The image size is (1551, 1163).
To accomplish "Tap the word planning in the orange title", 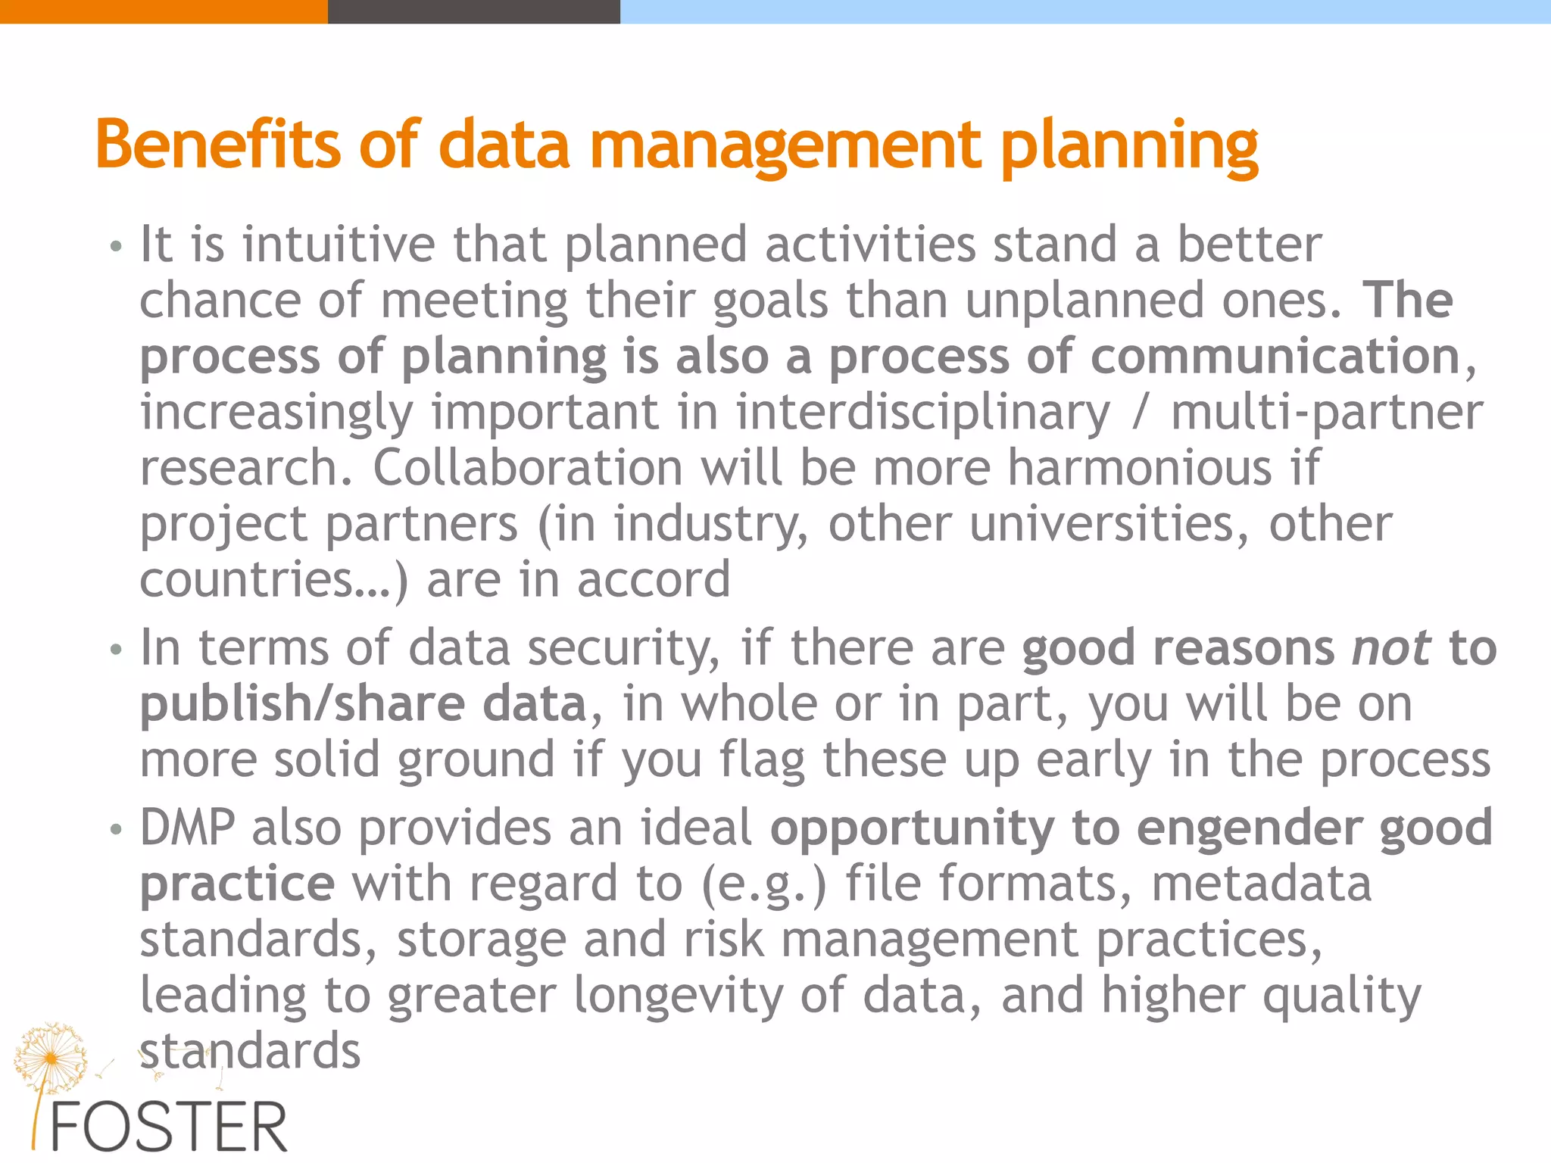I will (x=1129, y=148).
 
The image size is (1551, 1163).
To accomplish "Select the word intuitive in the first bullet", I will (x=339, y=245).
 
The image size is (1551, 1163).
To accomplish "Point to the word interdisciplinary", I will (x=922, y=413).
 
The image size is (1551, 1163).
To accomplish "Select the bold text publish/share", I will (x=302, y=704).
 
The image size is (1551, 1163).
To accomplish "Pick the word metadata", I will (x=1261, y=884).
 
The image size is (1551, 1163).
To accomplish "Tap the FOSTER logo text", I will (x=168, y=1127).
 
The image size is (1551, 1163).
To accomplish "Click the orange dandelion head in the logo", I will (x=50, y=1055).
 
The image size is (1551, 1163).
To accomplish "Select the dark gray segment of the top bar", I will (x=473, y=11).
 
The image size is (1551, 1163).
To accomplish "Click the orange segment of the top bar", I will (x=164, y=11).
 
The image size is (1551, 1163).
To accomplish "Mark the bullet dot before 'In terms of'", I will (x=115, y=650).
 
